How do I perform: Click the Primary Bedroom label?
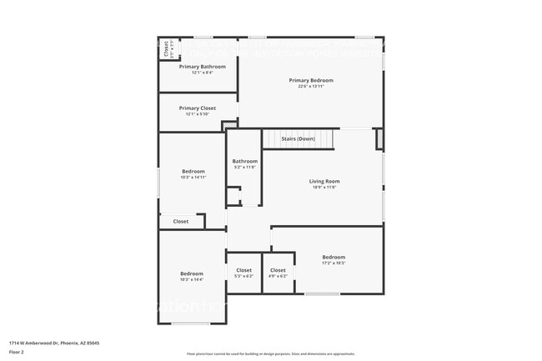pyautogui.click(x=311, y=80)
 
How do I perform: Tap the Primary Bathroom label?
pyautogui.click(x=202, y=66)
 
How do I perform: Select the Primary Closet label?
pyautogui.click(x=197, y=108)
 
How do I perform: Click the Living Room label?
pyautogui.click(x=324, y=181)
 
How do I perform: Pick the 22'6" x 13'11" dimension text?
pyautogui.click(x=311, y=87)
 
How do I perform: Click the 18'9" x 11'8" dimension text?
pyautogui.click(x=324, y=188)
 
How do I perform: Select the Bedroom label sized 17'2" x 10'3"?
pyautogui.click(x=334, y=257)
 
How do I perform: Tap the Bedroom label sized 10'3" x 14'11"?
pyautogui.click(x=193, y=171)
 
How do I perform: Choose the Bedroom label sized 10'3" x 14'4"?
pyautogui.click(x=192, y=273)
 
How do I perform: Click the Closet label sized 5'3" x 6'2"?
pyautogui.click(x=243, y=270)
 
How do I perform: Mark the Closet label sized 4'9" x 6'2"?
pyautogui.click(x=278, y=270)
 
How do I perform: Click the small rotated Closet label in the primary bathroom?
pyautogui.click(x=167, y=49)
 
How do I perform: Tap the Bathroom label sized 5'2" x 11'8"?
pyautogui.click(x=244, y=161)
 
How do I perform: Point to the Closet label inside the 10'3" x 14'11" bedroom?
pyautogui.click(x=181, y=222)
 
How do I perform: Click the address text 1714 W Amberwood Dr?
pyautogui.click(x=50, y=343)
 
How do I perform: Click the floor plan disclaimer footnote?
pyautogui.click(x=271, y=353)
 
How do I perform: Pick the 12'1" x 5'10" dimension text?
pyautogui.click(x=197, y=114)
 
